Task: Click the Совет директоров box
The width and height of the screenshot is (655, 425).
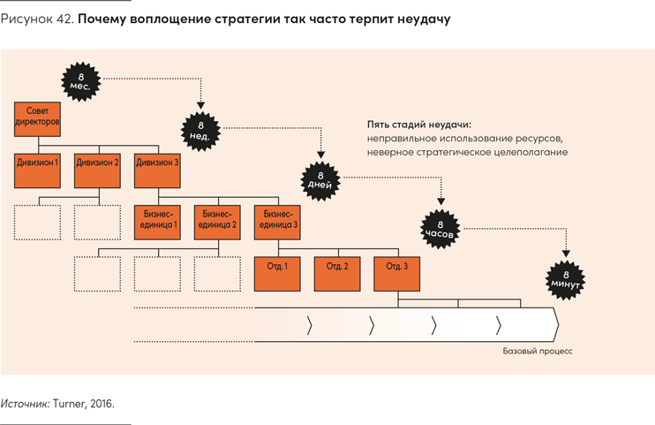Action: (x=37, y=120)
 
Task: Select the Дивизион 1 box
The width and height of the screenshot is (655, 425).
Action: (x=37, y=170)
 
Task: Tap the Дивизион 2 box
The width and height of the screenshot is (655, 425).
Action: (x=97, y=170)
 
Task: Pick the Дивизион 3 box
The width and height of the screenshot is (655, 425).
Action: (x=157, y=170)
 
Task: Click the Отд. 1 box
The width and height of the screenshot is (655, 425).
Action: (x=277, y=273)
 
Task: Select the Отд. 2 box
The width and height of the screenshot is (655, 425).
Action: (x=337, y=273)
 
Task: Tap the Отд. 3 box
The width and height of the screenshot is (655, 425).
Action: (x=397, y=273)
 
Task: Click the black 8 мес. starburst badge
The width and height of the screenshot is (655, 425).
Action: (x=81, y=80)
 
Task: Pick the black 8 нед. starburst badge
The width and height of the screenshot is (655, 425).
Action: (x=200, y=130)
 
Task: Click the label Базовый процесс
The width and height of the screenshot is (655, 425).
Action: (x=538, y=351)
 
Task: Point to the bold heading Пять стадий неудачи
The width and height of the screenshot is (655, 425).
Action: (x=419, y=125)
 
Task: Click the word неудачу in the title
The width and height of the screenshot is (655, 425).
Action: (x=419, y=19)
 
